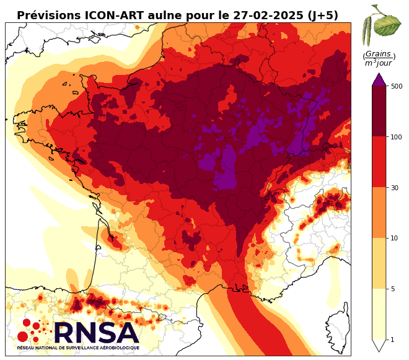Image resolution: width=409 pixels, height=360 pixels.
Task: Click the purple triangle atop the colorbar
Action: [x=379, y=79]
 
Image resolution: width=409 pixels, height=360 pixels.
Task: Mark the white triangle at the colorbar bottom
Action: [x=379, y=345]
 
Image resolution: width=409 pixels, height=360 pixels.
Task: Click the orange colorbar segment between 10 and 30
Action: [x=379, y=213]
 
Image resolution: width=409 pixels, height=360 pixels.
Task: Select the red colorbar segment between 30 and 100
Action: [x=379, y=162]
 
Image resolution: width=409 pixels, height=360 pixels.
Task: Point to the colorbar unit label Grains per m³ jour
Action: [x=379, y=58]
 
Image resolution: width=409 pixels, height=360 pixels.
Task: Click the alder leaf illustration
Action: [x=379, y=22]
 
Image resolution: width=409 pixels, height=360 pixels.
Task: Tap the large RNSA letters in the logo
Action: [x=95, y=333]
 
